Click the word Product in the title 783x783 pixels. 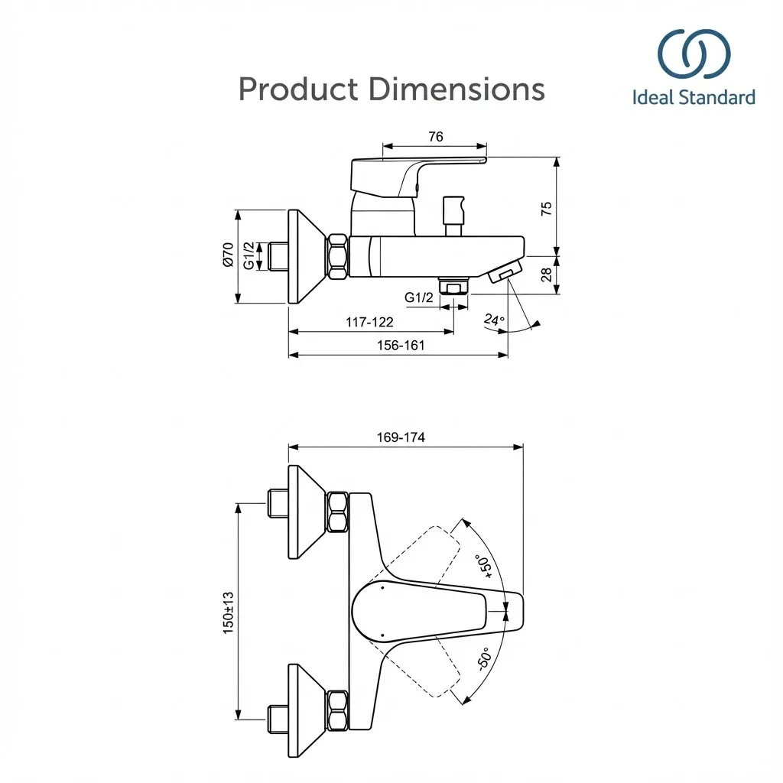coord(297,89)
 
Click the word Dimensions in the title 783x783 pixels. coord(456,89)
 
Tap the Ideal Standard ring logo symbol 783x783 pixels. coord(694,54)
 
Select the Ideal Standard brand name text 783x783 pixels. coord(694,97)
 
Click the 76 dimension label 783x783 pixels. coord(435,137)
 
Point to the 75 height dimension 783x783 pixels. coord(546,208)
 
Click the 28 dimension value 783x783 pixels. coord(546,275)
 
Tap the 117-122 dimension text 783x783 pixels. coord(369,322)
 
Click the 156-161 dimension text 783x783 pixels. coord(400,345)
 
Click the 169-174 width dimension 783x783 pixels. coord(401,437)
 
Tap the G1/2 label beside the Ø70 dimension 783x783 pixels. coord(249,255)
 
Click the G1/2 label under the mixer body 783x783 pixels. coord(419,297)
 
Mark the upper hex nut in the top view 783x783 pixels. coord(337,512)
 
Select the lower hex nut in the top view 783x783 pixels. coord(337,709)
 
